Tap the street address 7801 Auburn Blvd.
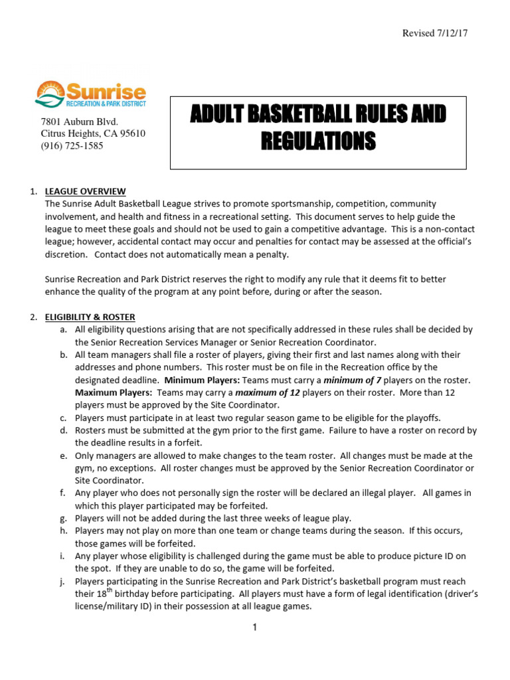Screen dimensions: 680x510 pyautogui.click(x=80, y=122)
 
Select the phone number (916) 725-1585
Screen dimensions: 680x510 pyautogui.click(x=72, y=145)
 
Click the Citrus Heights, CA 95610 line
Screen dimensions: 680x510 pyautogui.click(x=93, y=133)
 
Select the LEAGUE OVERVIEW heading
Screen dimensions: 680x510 pyautogui.click(x=84, y=192)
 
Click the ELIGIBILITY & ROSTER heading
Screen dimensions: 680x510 pyautogui.click(x=89, y=317)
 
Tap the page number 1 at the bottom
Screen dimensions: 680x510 pyautogui.click(x=254, y=628)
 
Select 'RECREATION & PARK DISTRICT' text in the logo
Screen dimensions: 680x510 pyautogui.click(x=106, y=104)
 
